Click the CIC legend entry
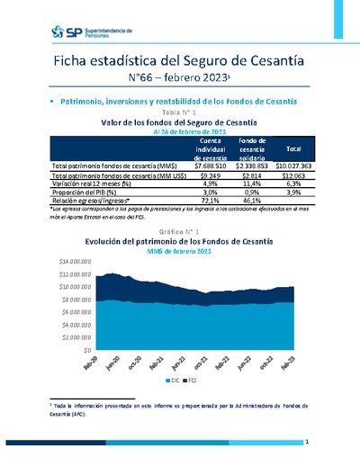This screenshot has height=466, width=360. point(176,381)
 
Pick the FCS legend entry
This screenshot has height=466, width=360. point(202,381)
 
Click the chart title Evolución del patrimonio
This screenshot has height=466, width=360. point(179,241)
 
